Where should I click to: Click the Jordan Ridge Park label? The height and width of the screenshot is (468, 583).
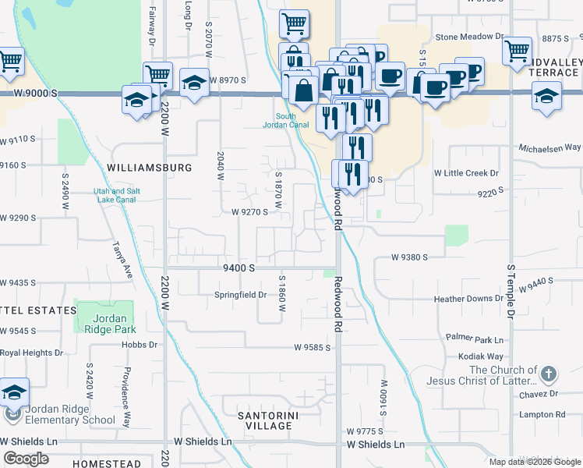115,324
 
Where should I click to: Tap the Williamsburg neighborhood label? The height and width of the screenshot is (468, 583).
150,168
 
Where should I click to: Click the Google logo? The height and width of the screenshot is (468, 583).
26,459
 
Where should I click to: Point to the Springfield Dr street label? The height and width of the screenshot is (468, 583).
241,296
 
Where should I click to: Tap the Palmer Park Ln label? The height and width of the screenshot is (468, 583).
476,337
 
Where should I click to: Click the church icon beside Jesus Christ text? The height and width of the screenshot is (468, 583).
549,374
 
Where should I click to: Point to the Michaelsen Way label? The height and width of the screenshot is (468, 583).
551,147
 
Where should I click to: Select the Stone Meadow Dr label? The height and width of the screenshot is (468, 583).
469,37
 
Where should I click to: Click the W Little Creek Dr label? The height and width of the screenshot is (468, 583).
466,172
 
